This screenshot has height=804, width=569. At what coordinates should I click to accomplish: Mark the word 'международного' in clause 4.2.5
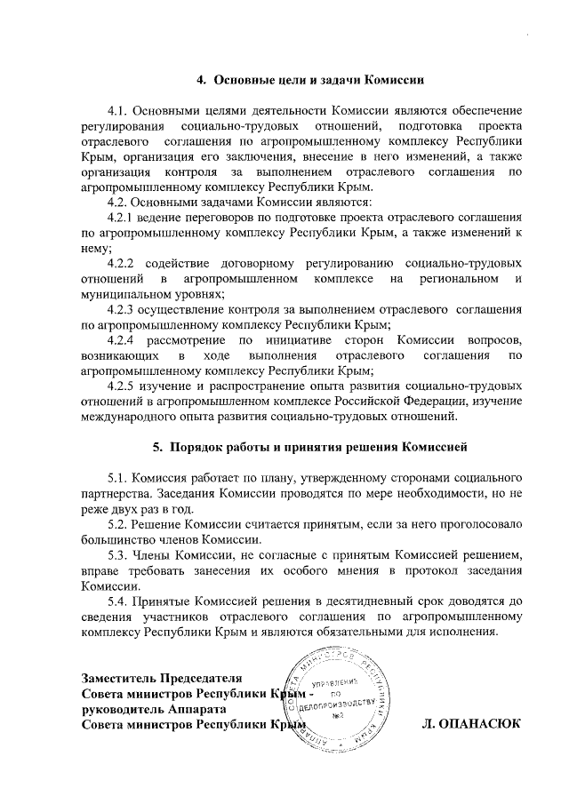(137, 416)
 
